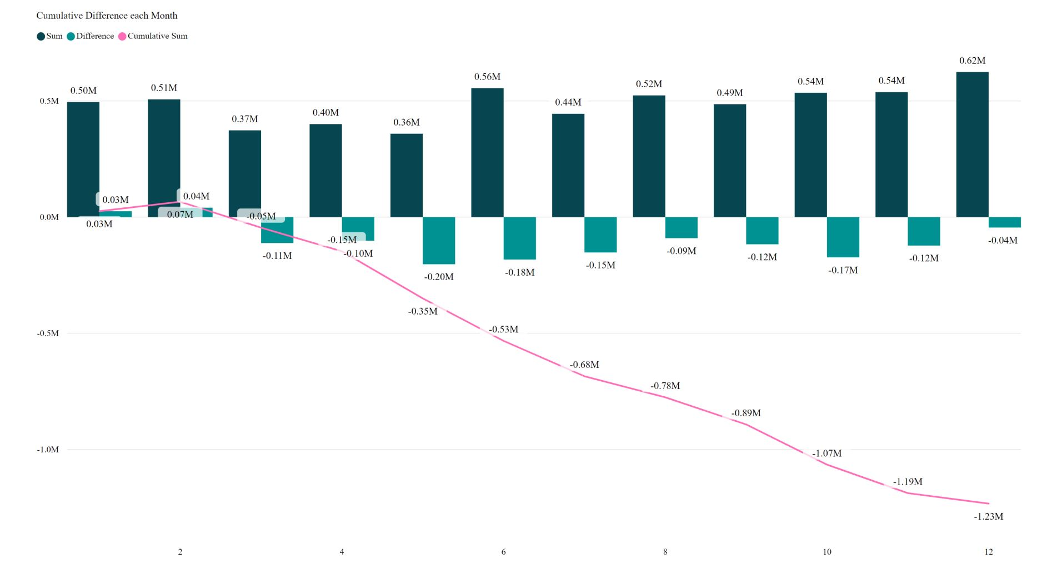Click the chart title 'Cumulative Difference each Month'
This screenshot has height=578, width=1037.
point(107,16)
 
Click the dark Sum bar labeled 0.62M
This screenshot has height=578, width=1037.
point(972,144)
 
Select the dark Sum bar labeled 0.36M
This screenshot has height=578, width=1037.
point(406,175)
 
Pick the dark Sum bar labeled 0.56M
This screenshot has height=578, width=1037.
point(487,152)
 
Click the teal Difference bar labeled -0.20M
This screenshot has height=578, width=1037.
point(439,240)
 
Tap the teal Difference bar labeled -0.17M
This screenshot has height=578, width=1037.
point(843,237)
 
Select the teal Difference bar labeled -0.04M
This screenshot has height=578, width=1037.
point(1005,222)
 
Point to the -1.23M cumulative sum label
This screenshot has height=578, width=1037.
point(988,516)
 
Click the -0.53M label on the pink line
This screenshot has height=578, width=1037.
point(503,329)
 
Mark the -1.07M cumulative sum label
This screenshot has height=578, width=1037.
point(826,454)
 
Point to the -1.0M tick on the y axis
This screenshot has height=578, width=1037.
point(48,450)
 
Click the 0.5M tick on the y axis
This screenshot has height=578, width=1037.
point(49,101)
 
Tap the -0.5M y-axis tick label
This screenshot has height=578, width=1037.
point(48,333)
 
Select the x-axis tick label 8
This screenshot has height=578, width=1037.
point(665,552)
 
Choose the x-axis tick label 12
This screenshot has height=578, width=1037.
point(988,552)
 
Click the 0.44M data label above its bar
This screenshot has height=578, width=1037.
point(568,102)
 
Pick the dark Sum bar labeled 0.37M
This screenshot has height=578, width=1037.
point(244,173)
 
